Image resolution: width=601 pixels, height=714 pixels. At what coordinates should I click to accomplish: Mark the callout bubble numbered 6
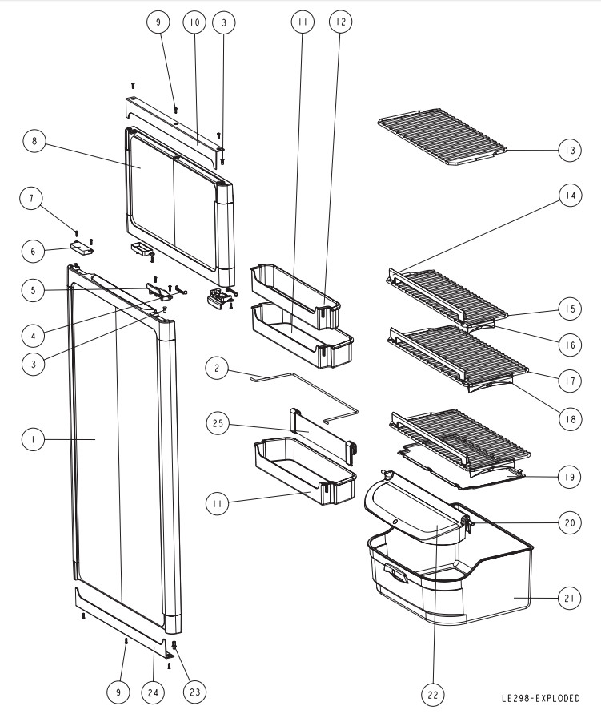click(x=34, y=251)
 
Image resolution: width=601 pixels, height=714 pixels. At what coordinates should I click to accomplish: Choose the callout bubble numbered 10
click(x=193, y=24)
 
